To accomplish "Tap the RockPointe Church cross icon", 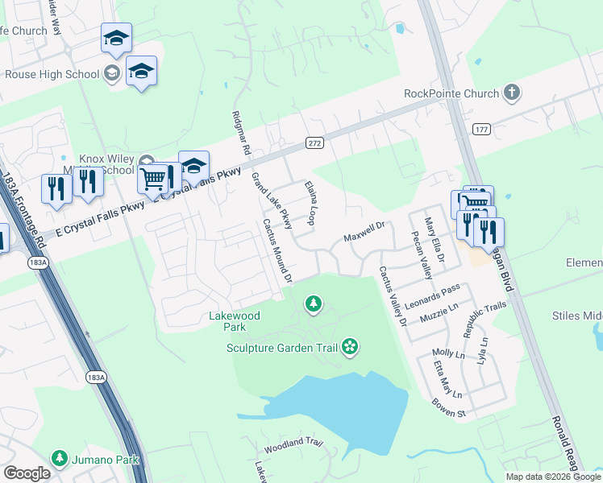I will pyautogui.click(x=511, y=93).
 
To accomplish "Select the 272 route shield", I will pyautogui.click(x=314, y=142).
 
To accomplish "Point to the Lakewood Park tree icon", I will pyautogui.click(x=313, y=304).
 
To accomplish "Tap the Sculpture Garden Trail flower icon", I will pyautogui.click(x=350, y=347).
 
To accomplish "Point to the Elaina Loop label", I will pyautogui.click(x=309, y=203).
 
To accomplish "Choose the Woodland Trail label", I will pyautogui.click(x=293, y=443).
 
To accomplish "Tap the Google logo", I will pyautogui.click(x=27, y=473).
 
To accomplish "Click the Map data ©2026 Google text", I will pyautogui.click(x=554, y=477).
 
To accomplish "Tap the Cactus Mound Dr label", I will pyautogui.click(x=276, y=251).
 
